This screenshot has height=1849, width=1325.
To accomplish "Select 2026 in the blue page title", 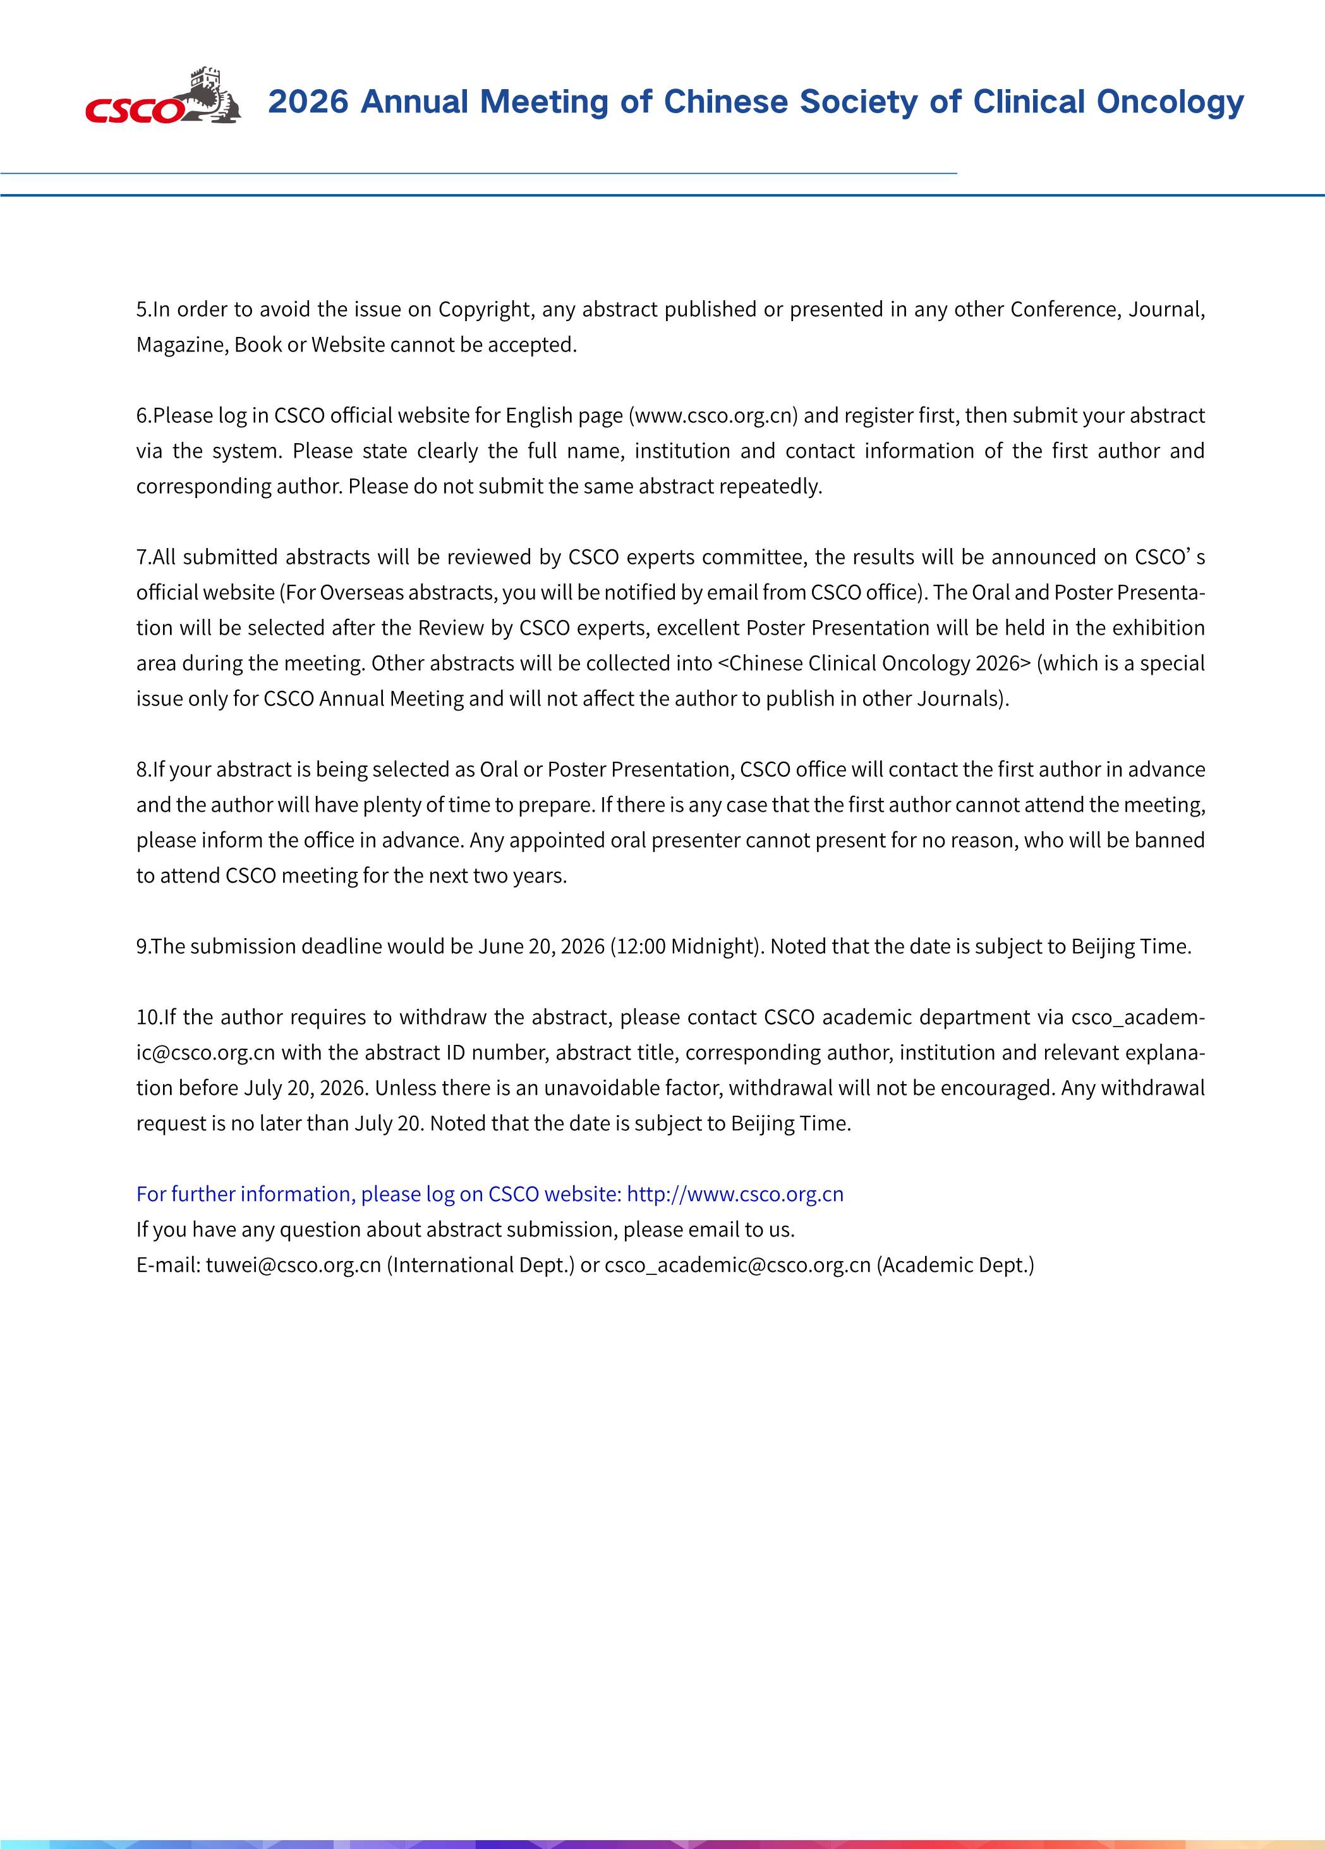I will point(308,102).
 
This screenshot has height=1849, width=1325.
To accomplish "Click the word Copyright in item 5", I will point(484,310).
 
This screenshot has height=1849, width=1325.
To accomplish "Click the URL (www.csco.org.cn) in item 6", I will point(713,416).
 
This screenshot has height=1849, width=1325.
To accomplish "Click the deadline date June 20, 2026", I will point(541,946).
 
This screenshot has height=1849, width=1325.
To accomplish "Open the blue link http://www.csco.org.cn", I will point(735,1194).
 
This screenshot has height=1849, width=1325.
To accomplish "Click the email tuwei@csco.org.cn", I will point(293,1266).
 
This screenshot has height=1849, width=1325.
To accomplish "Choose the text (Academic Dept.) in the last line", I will point(955,1266).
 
